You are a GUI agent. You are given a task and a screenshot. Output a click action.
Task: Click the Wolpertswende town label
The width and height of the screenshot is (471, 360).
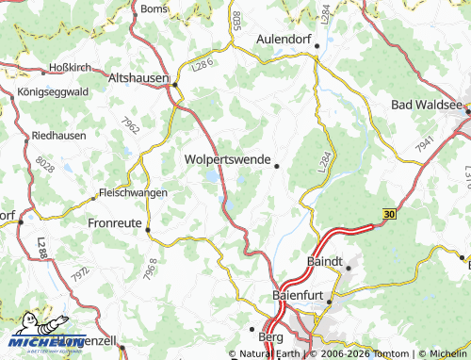click(x=227, y=159)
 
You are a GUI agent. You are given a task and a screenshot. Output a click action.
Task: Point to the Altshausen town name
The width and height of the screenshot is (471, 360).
click(x=138, y=78)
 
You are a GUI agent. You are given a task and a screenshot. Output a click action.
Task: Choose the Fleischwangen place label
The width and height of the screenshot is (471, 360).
click(x=134, y=192)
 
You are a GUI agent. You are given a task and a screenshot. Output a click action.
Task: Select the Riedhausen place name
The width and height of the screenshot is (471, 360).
click(x=59, y=135)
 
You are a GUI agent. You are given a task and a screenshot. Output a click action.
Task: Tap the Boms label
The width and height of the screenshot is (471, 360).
click(x=153, y=8)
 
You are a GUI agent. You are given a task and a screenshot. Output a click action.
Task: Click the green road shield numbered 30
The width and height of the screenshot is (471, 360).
click(x=389, y=215)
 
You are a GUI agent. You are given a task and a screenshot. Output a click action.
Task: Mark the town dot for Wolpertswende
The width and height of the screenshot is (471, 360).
click(x=276, y=167)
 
